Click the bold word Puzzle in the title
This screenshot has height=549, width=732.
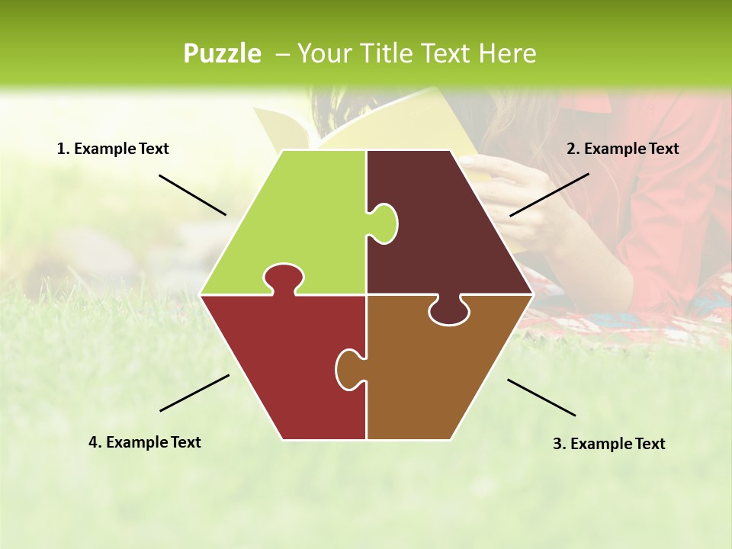point(222,53)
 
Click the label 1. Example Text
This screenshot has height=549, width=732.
point(113,149)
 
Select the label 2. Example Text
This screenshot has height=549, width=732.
point(622,149)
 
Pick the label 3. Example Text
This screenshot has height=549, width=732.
point(608,444)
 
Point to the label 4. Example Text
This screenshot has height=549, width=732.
point(145,442)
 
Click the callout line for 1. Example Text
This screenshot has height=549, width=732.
point(192,194)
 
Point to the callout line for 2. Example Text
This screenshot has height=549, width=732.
point(549,194)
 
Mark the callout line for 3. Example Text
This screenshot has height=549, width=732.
point(541,397)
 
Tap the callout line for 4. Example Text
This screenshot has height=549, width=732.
point(194,393)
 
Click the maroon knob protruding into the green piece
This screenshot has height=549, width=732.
point(384,223)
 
